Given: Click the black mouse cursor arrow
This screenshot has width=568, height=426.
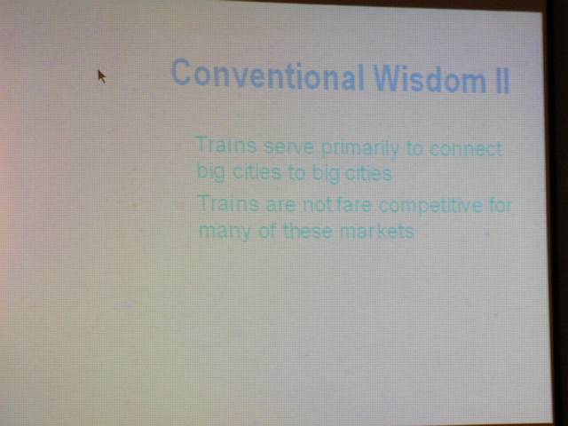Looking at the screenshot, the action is coord(102,76).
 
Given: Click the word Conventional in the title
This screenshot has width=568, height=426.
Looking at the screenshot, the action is coord(267,75).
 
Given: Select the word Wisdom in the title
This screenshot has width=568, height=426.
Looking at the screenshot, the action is coord(430,79).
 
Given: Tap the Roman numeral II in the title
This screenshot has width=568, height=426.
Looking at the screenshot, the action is coord(502,81).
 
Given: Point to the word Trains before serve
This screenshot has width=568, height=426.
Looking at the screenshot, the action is coord(227,145).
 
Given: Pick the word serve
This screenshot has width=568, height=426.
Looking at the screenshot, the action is coord(289,147).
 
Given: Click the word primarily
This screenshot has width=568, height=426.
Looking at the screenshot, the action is coord(359,149).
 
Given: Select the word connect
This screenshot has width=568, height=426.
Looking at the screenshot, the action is coord(467,148).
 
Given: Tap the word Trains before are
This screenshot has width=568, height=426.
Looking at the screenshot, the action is coord(229,203).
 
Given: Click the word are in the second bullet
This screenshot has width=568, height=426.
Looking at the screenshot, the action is coord(280,205).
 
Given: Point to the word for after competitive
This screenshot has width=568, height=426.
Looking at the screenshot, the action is coord(501,205).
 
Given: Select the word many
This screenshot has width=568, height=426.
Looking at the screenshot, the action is coord(225,231).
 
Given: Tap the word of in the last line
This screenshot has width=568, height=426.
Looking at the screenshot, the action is coord(268,231).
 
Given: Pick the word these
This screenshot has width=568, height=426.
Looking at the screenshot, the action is coord(308,231).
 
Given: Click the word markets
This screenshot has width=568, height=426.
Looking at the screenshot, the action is coord(376,231).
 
